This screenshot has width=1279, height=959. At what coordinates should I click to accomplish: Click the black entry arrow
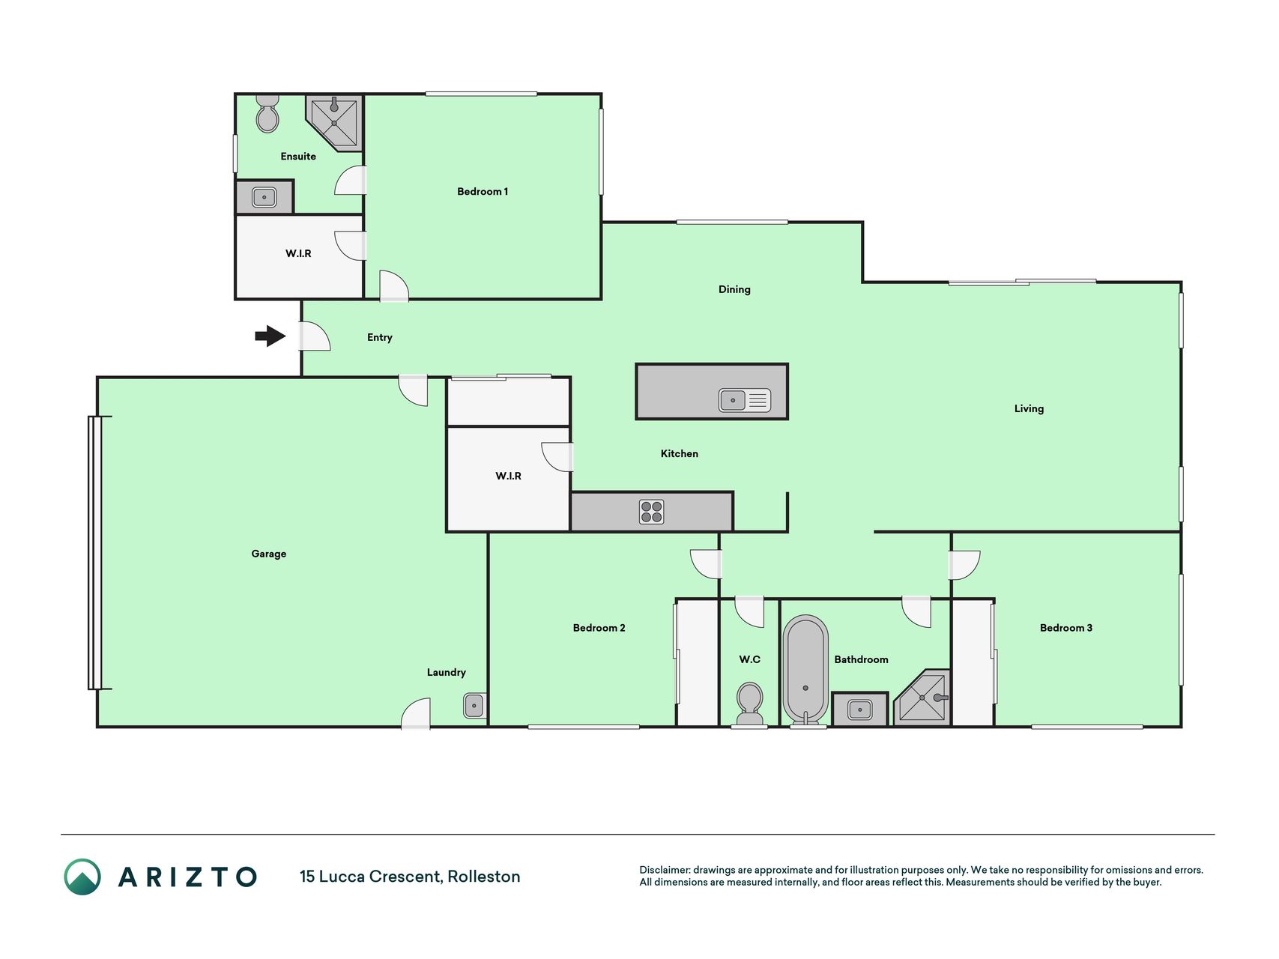click(270, 336)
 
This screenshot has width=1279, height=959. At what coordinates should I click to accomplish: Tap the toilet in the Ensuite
click(267, 113)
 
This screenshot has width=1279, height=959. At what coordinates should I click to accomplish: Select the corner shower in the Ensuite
click(335, 122)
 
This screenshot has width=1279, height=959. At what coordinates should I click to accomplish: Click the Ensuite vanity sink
click(264, 198)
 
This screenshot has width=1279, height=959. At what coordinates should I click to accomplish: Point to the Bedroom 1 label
click(483, 191)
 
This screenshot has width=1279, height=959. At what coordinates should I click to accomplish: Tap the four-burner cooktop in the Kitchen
click(652, 512)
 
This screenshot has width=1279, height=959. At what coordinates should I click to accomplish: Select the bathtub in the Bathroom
click(805, 671)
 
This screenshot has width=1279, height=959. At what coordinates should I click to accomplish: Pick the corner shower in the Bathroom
click(923, 698)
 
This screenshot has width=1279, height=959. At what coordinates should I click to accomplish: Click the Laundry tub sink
click(474, 706)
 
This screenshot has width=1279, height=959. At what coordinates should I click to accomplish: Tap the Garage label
click(269, 554)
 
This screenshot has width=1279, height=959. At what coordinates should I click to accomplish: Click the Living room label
click(1029, 408)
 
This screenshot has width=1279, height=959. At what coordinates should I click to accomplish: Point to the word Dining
click(734, 289)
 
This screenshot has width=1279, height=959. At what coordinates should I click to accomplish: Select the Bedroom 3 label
click(1066, 628)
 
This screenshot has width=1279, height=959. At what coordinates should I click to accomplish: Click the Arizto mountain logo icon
click(82, 877)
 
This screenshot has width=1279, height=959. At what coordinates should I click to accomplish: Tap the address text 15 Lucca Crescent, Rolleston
click(410, 877)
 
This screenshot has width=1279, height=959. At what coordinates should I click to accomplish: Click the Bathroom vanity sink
click(859, 709)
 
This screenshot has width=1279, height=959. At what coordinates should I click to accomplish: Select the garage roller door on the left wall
click(94, 553)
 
